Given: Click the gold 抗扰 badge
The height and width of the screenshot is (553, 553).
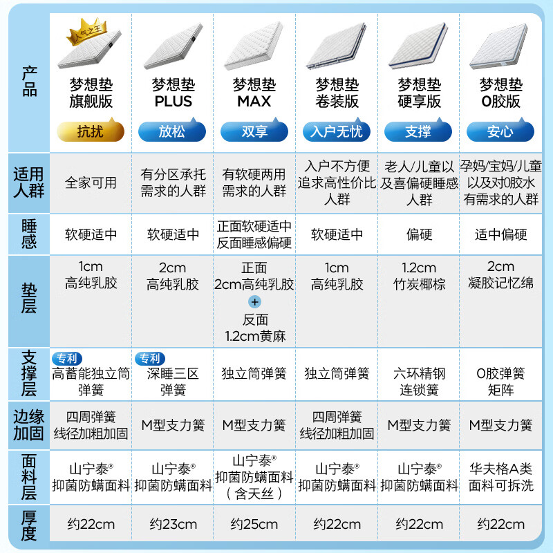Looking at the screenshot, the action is point(91,131).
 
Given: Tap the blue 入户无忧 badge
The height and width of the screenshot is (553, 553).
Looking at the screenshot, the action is point(337,131).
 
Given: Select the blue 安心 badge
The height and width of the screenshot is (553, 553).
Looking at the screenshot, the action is point(500,131).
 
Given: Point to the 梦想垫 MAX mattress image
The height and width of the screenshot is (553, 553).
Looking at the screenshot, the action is point(254,45).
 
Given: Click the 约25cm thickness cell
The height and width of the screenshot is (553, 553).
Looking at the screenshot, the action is point(254,524).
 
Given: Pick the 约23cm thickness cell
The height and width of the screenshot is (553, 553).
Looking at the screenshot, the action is point(173,524).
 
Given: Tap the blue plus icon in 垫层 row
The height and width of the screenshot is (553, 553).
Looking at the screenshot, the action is point(254,302).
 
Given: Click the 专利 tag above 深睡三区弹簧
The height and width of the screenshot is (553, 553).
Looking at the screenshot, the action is point(150,359).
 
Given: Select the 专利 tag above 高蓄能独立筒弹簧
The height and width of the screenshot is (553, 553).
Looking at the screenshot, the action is point(67,359).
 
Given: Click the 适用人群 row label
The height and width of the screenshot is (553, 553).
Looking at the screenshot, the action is point(28,182).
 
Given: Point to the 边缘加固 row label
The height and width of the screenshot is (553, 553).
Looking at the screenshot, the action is point(28,425).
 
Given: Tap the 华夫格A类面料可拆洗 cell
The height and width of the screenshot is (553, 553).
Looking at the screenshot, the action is point(500,477).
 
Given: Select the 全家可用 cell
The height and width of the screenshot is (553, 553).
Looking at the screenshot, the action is point(91,182).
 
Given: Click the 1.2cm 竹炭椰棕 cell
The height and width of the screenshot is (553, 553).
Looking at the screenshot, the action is point(419,276).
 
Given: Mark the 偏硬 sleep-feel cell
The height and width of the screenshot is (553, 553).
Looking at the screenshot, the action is point(419,234).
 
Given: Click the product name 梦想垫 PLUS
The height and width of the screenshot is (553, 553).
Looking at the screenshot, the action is point(174,93).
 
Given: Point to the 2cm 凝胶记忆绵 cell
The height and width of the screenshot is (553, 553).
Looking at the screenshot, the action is point(500,274).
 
